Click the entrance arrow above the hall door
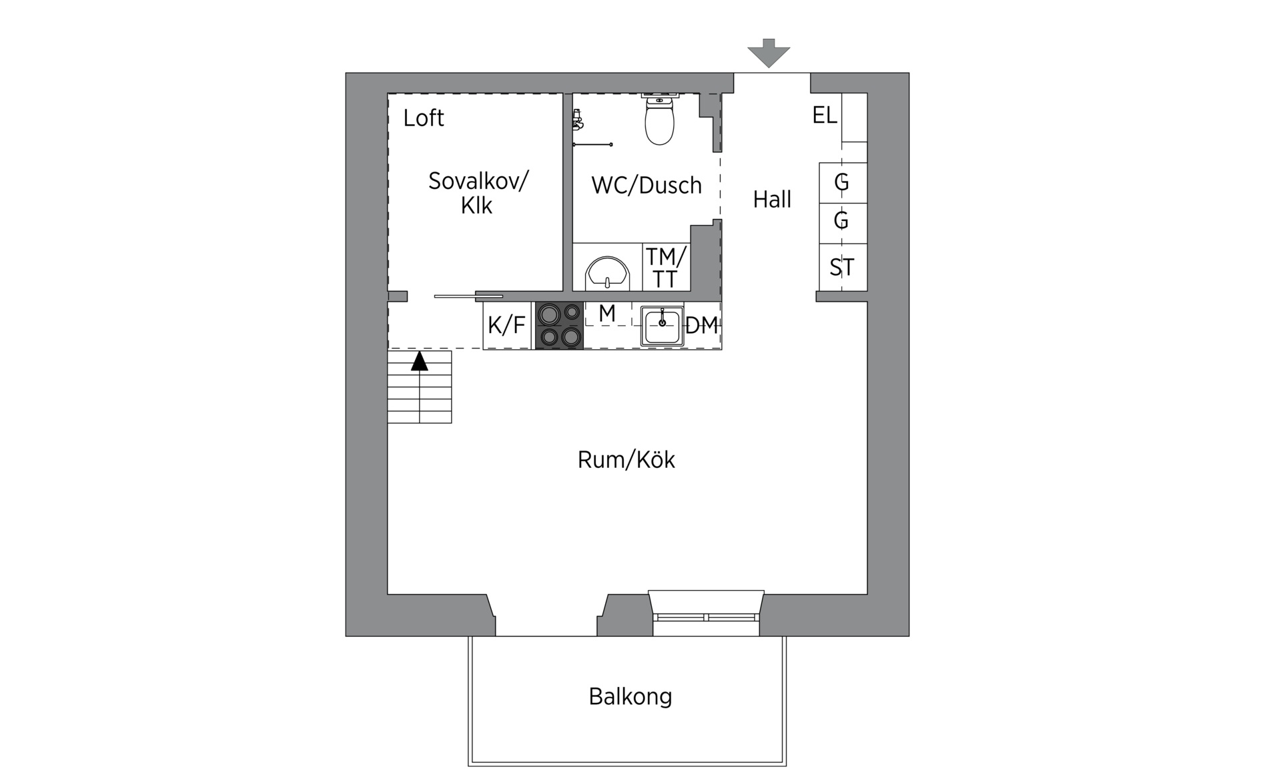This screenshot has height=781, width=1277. point(769,53)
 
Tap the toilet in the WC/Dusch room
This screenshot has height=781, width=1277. point(660,120)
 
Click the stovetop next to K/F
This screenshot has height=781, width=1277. point(559,325)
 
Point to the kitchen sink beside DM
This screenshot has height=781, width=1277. point(662,326)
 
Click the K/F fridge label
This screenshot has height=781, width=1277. point(506,325)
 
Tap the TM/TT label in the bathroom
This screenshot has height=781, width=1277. point(665,268)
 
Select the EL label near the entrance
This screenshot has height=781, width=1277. point(824,115)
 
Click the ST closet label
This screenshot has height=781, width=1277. point(841,268)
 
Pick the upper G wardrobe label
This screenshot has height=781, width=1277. point(841,182)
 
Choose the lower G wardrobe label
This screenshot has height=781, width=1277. point(841,220)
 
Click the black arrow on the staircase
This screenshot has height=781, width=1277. point(419,361)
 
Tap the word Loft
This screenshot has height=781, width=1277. point(423,118)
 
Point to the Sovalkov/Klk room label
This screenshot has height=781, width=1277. point(478,193)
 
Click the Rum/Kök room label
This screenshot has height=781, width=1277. point(626,460)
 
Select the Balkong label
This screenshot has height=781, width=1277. point(630,697)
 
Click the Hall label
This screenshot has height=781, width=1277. point(772,199)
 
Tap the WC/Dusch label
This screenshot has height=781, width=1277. point(647,185)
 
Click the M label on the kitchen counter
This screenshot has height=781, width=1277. point(606,313)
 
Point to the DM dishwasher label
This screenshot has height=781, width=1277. point(701,326)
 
